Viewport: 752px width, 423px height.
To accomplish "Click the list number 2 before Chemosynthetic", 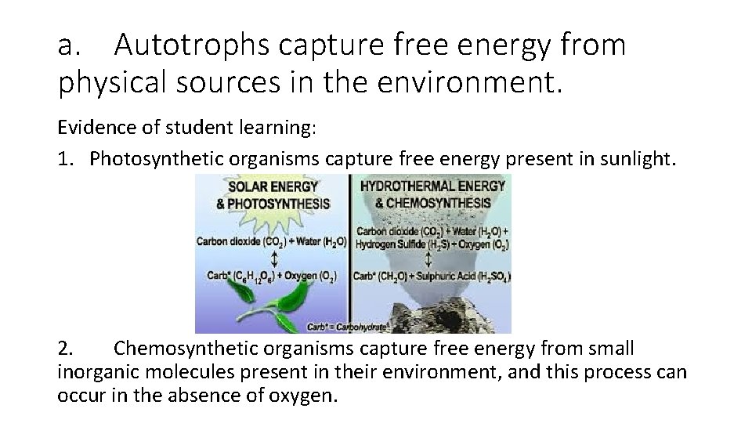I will pos(66,349).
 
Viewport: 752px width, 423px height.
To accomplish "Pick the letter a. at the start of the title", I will pos(70,46).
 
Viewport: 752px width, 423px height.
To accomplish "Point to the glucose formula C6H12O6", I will pos(253,277).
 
